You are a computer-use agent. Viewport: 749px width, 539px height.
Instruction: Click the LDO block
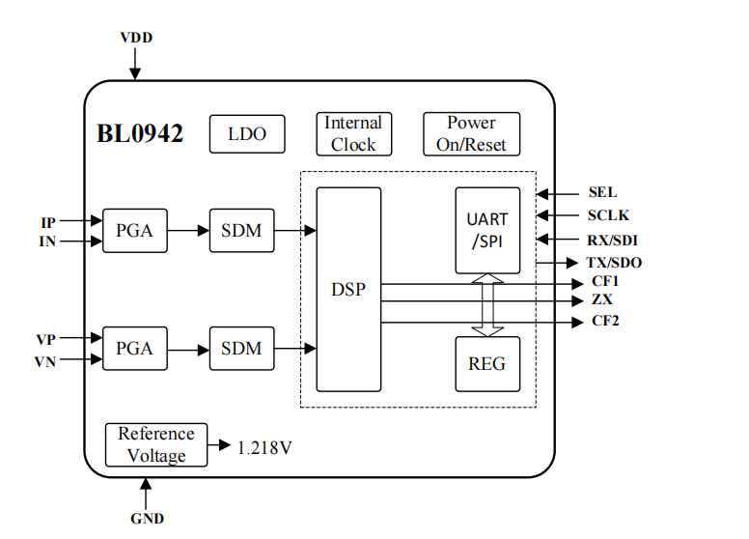tap(247, 134)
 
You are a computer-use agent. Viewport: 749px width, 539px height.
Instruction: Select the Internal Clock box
tap(353, 133)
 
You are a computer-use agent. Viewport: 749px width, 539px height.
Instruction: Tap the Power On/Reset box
tap(471, 134)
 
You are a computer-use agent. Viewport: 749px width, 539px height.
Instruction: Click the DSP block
tap(348, 289)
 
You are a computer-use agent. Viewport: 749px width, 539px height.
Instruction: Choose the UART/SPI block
tap(487, 231)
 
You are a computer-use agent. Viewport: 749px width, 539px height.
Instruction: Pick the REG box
tap(487, 365)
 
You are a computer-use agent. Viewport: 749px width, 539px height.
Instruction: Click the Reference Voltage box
tap(156, 444)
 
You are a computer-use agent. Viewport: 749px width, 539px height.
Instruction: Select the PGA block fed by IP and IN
tap(134, 231)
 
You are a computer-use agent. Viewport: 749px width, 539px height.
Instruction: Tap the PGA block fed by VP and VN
tap(134, 348)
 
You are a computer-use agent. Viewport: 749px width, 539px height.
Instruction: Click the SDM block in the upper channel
tap(241, 231)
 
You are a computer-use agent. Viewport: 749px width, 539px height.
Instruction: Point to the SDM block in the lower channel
tap(241, 348)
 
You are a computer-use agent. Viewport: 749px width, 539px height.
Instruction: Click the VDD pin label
tap(136, 38)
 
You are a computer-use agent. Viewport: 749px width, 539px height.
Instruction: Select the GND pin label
tap(147, 519)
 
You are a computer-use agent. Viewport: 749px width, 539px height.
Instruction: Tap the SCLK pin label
tap(608, 215)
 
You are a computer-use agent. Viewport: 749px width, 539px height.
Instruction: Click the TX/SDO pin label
tap(614, 263)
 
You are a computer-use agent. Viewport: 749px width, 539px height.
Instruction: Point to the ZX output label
tap(602, 300)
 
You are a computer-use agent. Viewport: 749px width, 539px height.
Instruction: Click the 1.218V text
tap(264, 446)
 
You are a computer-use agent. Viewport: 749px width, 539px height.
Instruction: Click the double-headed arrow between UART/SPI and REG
tap(488, 305)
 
